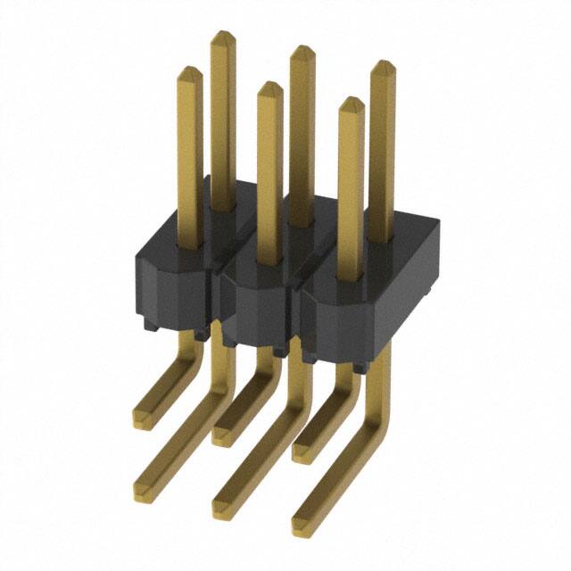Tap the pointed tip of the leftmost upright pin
tap(189, 70)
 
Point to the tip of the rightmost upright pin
tap(383, 63)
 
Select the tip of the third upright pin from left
tap(269, 85)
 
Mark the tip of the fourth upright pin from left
tap(302, 48)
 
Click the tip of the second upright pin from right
tap(351, 100)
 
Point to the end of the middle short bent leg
tap(222, 434)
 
